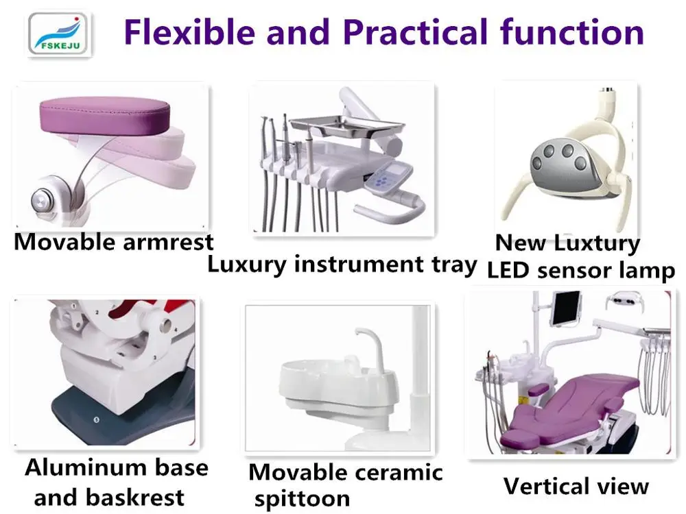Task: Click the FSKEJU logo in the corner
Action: click(x=58, y=33)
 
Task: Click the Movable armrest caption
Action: click(x=114, y=241)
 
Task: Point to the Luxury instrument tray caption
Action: click(x=342, y=264)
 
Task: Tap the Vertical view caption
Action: click(x=576, y=486)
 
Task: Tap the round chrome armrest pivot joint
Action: click(x=44, y=200)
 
